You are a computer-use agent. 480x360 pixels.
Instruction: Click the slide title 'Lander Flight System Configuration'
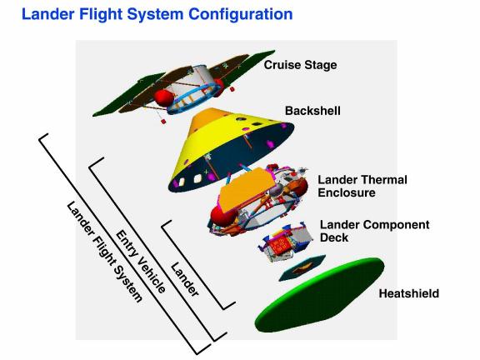coord(157,14)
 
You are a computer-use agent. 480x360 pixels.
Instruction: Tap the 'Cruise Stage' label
coord(300,65)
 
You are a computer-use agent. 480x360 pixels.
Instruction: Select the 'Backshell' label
coord(312,111)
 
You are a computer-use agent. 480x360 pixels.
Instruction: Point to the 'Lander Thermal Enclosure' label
coord(362,186)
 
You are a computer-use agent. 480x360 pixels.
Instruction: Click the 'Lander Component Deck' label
coord(374,231)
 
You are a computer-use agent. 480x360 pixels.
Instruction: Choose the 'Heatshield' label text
coord(409,293)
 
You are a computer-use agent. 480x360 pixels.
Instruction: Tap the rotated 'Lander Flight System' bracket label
coord(104,252)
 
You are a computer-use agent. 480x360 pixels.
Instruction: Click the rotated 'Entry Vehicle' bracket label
coord(141,261)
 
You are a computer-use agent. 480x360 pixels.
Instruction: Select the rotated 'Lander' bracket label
coord(185,279)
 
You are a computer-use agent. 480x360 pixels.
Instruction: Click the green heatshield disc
coord(319,295)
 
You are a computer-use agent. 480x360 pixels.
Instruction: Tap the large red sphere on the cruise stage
coord(163,98)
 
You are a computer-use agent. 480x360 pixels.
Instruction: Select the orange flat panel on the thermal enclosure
coord(247,190)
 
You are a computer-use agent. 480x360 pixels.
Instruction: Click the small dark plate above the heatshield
coord(302,267)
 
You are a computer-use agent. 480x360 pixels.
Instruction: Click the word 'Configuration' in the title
coord(241,15)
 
